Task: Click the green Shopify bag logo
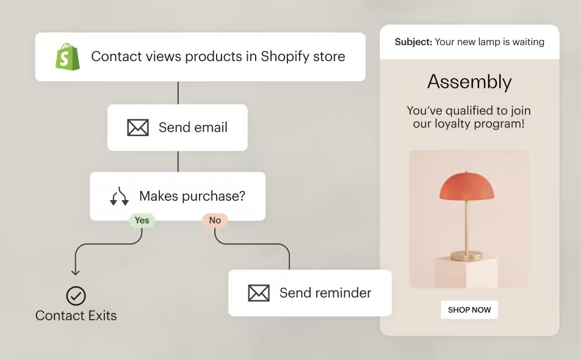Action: coord(68,56)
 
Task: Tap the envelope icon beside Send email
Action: coord(138,128)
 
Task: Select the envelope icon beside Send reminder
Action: coord(259,293)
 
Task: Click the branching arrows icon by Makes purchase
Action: coord(120,196)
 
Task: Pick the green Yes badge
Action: coord(142,220)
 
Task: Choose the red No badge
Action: coord(215,220)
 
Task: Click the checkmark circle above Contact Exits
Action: coord(76,296)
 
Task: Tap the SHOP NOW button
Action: coord(469,309)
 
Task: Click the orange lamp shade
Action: coord(466,186)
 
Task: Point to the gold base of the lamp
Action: coord(466,256)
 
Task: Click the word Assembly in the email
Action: coord(469,82)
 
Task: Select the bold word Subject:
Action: coord(414,42)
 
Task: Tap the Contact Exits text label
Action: coord(76,315)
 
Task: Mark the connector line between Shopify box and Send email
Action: coord(178,93)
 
